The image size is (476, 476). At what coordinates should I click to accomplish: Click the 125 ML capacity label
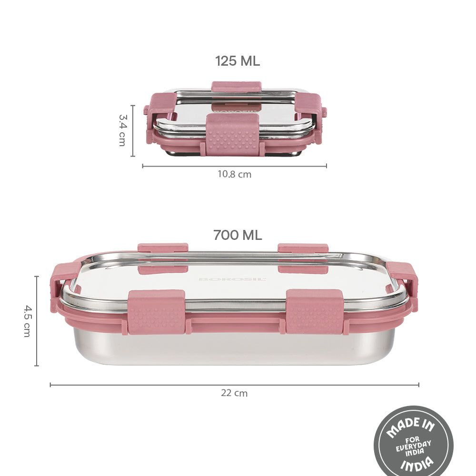coord(238,61)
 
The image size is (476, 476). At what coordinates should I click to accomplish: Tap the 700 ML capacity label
coord(238,235)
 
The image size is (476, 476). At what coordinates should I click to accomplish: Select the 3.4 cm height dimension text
coord(122,130)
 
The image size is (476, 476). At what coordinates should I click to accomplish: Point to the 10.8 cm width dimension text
coord(234,174)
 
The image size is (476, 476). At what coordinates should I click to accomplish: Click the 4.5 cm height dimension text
coord(27,321)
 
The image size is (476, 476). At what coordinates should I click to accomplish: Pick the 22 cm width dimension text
coord(234,393)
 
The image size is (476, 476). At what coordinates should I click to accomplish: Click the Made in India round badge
coord(414,442)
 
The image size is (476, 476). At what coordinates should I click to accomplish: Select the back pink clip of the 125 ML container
coord(237,86)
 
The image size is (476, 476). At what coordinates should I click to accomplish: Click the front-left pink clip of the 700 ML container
coord(156,312)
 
